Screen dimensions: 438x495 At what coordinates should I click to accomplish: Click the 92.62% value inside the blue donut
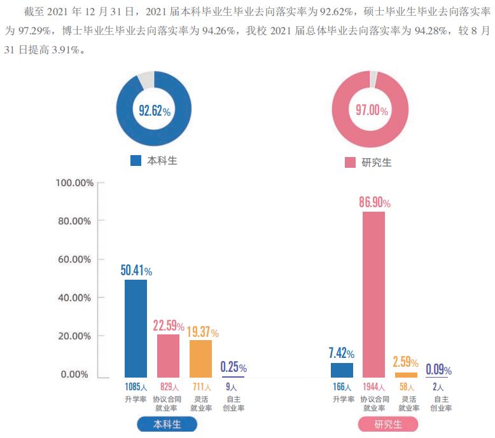tap(154, 111)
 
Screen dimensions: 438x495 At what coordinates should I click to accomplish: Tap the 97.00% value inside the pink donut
tap(372, 111)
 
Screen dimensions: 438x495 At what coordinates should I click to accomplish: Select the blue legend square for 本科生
tap(136, 161)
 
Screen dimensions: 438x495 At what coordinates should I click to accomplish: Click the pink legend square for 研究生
tap(350, 163)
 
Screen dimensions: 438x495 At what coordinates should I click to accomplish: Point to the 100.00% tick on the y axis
tap(75, 183)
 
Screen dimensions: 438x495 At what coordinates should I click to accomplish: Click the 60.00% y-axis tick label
tap(75, 259)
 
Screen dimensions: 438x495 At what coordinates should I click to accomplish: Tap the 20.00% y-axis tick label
tap(75, 336)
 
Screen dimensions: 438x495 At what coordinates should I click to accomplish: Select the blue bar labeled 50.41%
tap(136, 329)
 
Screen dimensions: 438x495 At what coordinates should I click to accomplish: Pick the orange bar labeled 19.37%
tap(201, 359)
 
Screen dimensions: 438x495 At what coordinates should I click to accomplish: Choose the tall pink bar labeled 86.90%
tap(374, 294)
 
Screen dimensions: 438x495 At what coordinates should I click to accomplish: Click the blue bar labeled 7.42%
tap(342, 370)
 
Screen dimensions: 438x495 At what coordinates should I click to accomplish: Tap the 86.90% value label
tap(374, 203)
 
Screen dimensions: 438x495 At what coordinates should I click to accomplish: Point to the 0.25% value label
tap(234, 367)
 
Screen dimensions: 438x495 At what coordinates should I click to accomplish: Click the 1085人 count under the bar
tap(136, 387)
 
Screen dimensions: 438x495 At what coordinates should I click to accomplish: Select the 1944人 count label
tap(374, 387)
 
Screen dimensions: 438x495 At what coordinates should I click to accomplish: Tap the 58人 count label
tap(407, 387)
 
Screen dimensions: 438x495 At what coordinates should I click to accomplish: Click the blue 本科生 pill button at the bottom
tap(167, 424)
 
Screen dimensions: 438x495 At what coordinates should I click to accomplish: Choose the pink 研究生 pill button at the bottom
tap(388, 424)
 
